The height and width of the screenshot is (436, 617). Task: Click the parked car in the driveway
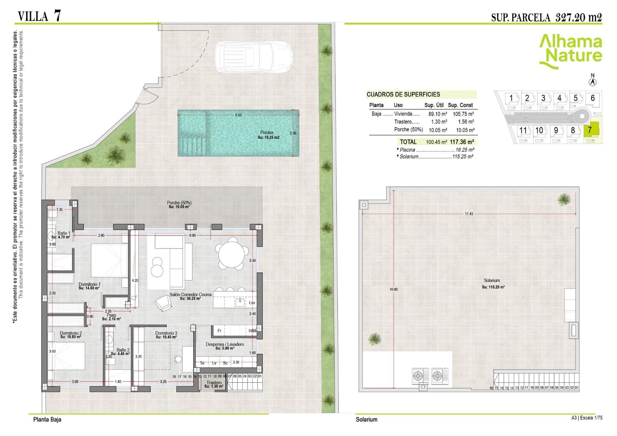pos(253,57)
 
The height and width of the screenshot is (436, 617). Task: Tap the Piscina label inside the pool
pos(267,132)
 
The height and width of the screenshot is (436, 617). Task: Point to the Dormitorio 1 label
pos(89,284)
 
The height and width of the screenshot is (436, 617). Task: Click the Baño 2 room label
pos(123,350)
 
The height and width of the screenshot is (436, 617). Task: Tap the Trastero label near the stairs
pos(214,383)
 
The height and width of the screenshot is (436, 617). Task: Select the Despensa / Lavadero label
pos(224,344)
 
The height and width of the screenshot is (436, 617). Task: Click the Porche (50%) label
pos(179,203)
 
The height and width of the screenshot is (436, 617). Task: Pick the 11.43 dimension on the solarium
pos(469,214)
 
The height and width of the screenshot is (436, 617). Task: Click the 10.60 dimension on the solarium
pos(393,289)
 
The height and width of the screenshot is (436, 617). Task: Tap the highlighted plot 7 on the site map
pos(590,130)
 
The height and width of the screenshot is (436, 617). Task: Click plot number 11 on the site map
pos(523,130)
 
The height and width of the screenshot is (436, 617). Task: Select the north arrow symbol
pos(593,82)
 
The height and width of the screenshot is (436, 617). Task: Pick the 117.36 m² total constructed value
pos(462,142)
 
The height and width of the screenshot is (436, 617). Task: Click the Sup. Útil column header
pos(434,105)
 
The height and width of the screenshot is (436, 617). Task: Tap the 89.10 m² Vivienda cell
pos(437,114)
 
